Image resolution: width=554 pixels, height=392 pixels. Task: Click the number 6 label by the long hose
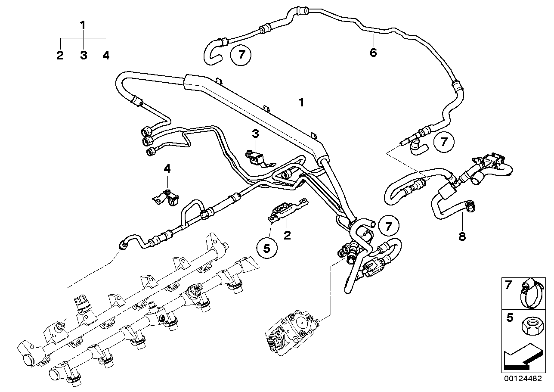373,53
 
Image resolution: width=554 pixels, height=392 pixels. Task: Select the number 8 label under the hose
462,236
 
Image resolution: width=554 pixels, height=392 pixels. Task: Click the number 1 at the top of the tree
83,25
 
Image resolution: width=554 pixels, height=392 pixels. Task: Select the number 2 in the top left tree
60,55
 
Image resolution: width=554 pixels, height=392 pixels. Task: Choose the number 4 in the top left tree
106,55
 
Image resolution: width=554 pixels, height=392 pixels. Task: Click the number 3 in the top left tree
83,55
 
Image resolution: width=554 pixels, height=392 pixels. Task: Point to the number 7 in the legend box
509,285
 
